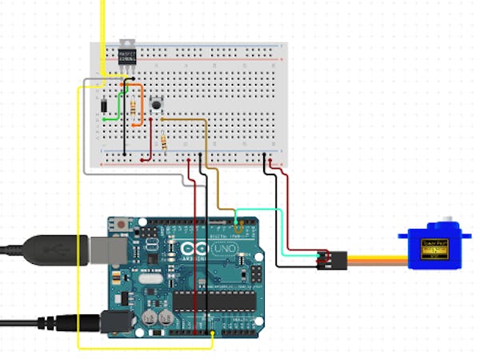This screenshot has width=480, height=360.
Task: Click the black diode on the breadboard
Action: [x=105, y=106]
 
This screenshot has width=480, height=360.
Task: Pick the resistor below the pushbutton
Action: [x=164, y=143]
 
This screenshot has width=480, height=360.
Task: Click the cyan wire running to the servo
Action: [x=264, y=210]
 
